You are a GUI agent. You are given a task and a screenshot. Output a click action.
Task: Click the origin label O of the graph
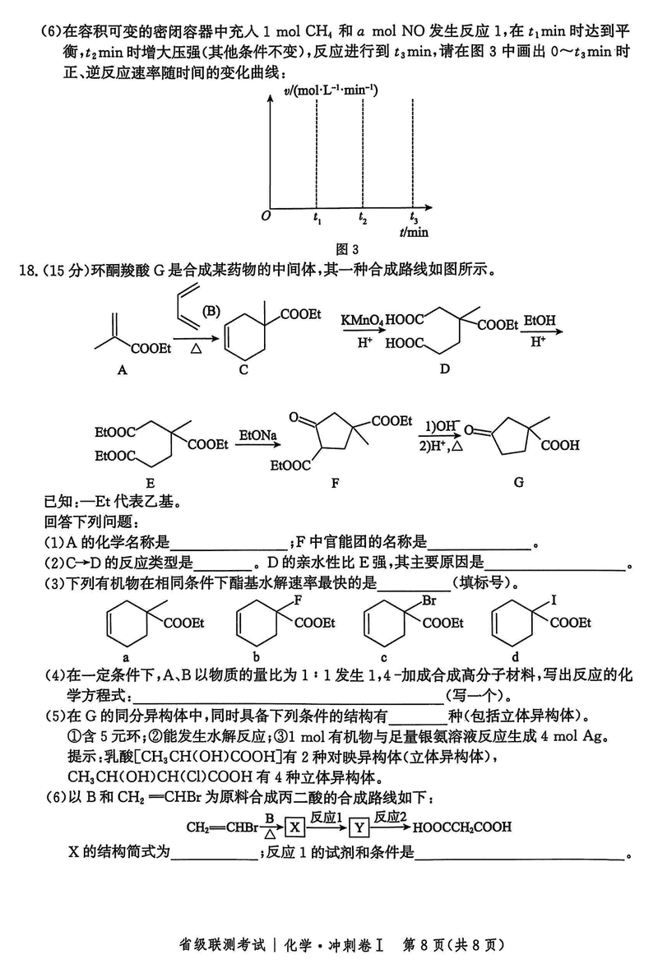point(265,216)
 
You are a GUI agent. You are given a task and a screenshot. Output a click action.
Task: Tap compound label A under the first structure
point(122,370)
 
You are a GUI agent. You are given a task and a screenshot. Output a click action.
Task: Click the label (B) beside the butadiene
point(211,310)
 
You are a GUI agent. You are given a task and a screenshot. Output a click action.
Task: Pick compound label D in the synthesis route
point(444,368)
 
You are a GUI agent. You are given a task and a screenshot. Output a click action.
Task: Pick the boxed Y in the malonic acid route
point(359,827)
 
